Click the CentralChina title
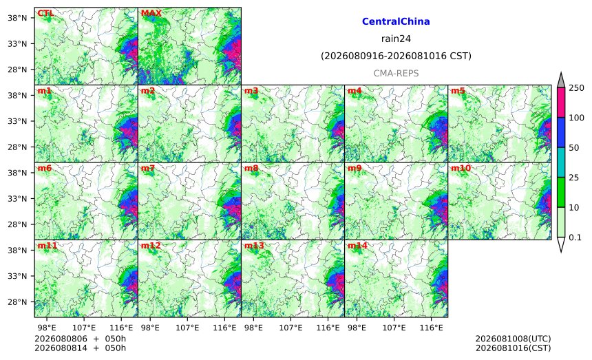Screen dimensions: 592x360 [396, 21]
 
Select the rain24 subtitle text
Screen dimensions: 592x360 [396, 39]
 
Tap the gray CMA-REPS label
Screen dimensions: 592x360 [396, 73]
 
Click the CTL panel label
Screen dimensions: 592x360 [45, 13]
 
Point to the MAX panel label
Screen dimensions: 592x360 [151, 13]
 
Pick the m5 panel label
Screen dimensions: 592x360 [458, 91]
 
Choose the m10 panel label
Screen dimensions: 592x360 [461, 168]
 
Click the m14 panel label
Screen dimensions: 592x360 [357, 246]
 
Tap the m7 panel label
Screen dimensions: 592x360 [148, 168]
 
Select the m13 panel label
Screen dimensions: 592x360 [254, 246]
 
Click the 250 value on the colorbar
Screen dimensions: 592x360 [577, 88]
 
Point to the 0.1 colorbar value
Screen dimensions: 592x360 [575, 237]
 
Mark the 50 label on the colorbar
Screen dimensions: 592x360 [574, 147]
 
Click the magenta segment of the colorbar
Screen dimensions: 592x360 [560, 103]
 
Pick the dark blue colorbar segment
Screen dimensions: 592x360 [560, 132]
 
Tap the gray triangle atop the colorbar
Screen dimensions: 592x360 [560, 81]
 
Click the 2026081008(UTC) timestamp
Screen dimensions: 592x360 [513, 339]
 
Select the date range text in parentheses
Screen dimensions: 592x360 [396, 56]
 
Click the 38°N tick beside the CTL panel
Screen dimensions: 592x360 [17, 18]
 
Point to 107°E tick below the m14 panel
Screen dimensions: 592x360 [394, 328]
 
